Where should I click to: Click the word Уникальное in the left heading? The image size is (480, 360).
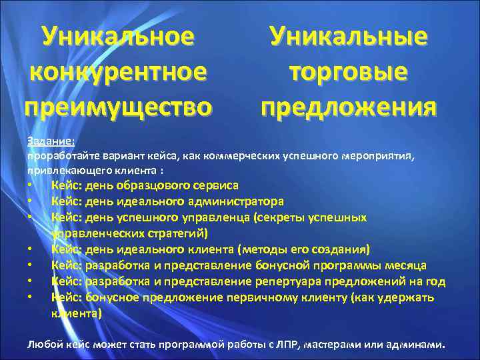(x=119, y=35)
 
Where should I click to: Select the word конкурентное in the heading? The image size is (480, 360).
(x=119, y=71)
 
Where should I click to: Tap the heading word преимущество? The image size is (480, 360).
(x=119, y=106)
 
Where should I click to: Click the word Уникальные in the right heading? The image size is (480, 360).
(x=349, y=35)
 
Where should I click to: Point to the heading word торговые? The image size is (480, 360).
(x=349, y=71)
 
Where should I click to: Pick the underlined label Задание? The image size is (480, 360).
(x=51, y=141)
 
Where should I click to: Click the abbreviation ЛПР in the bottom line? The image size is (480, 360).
(x=284, y=345)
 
